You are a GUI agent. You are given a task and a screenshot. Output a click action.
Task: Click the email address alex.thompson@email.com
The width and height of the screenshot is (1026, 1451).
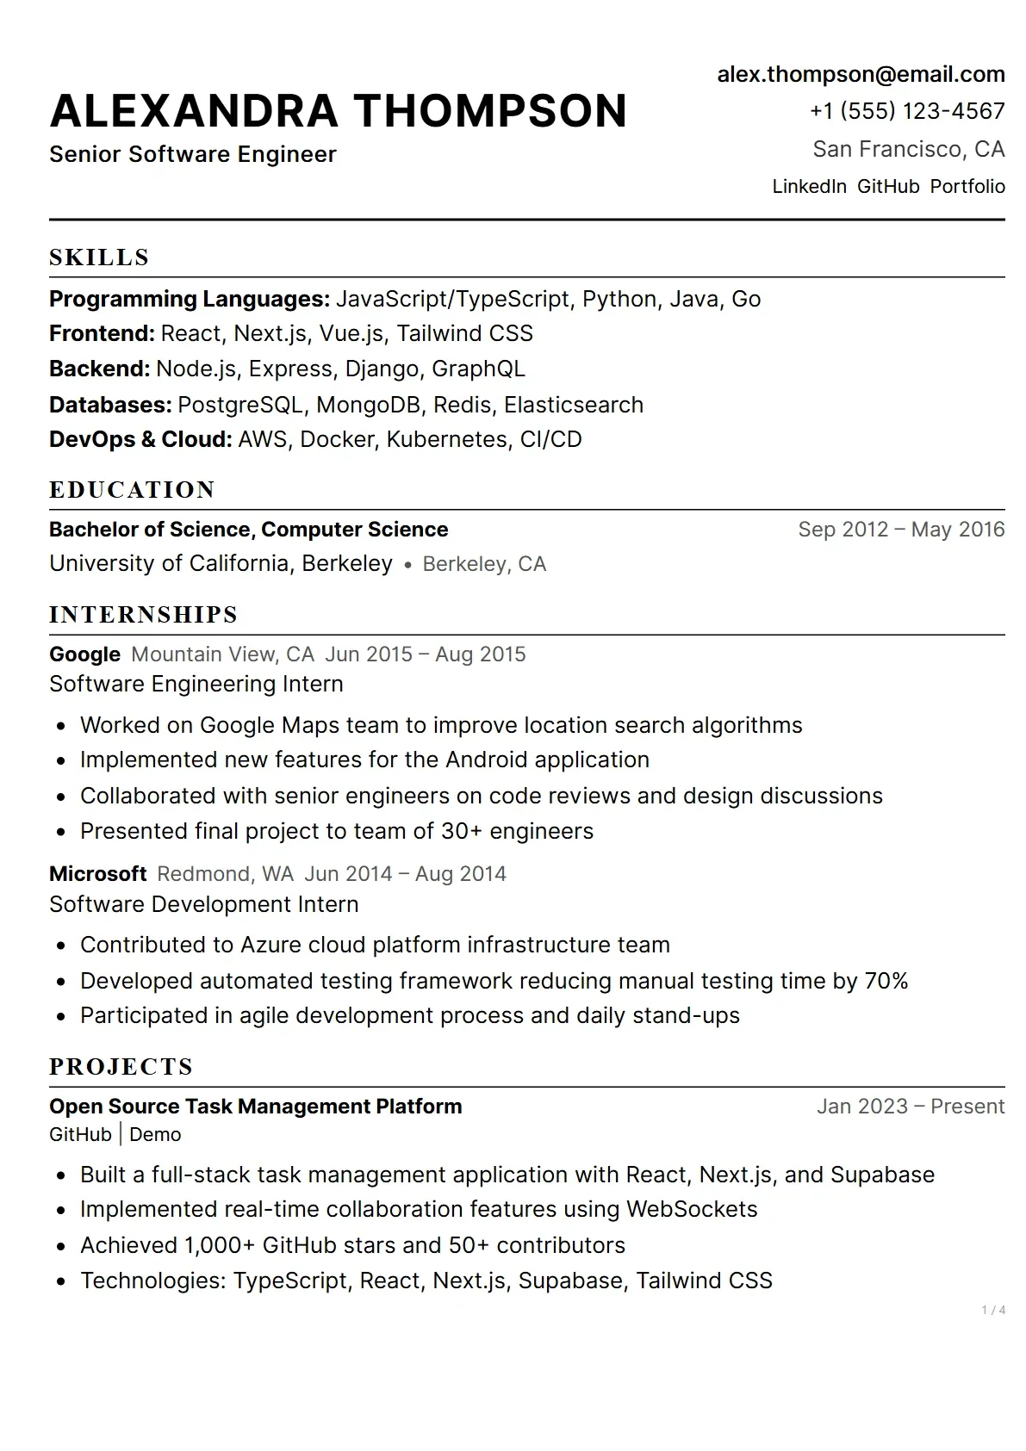(x=861, y=75)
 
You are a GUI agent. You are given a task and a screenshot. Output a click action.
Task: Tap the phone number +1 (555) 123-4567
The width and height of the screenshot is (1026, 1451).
(x=907, y=111)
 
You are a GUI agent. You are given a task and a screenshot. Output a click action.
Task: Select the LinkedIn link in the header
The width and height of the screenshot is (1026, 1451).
(x=809, y=187)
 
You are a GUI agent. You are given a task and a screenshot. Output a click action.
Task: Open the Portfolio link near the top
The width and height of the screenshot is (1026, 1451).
(x=967, y=187)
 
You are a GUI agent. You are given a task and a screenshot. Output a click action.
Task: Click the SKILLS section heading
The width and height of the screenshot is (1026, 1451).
(x=99, y=257)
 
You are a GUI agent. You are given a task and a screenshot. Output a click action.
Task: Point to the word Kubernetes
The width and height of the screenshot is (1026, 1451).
(x=446, y=439)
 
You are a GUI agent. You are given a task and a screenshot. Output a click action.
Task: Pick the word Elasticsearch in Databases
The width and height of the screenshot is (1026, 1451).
(x=574, y=405)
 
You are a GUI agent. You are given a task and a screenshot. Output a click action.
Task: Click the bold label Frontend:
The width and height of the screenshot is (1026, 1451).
(x=102, y=333)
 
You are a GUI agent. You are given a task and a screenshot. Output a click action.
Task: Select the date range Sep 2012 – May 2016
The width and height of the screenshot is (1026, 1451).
(x=901, y=529)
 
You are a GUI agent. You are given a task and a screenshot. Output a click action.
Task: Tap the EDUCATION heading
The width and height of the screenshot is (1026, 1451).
(x=132, y=490)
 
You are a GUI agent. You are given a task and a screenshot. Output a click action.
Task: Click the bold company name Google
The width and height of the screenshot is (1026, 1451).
(x=84, y=654)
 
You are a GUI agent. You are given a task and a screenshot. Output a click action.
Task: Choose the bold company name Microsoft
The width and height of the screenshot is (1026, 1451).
(x=97, y=874)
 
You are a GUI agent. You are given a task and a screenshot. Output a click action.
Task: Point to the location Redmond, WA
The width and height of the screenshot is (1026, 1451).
(x=225, y=874)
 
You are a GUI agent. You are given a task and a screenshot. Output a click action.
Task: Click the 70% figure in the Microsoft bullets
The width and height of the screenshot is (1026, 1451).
(x=886, y=981)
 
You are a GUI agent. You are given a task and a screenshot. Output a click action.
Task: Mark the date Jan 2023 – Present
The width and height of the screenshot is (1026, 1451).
(x=911, y=1107)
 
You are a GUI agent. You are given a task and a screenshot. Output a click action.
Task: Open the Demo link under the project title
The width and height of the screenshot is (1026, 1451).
(x=155, y=1135)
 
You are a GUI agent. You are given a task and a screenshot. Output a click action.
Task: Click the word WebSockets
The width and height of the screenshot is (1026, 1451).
(x=692, y=1209)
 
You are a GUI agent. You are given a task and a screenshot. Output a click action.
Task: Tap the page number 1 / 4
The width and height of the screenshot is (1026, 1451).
(x=993, y=1311)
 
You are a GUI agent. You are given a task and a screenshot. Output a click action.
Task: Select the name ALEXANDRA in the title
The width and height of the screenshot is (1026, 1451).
(x=195, y=112)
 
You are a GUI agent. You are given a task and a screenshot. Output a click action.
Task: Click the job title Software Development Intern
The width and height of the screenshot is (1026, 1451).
(x=204, y=904)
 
